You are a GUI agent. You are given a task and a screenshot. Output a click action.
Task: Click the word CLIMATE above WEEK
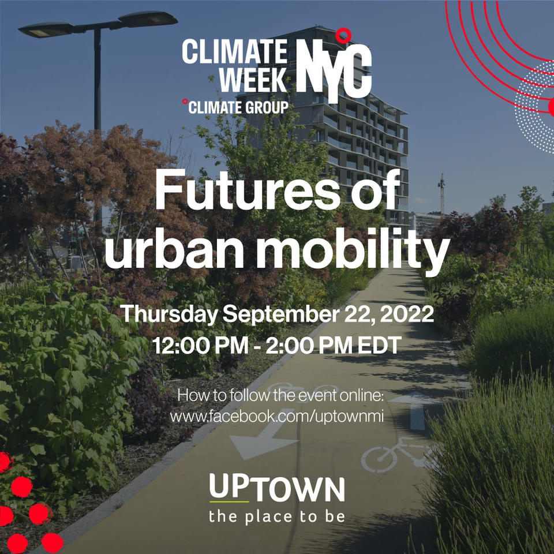point(235,51)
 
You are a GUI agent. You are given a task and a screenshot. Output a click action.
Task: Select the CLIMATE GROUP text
point(238,107)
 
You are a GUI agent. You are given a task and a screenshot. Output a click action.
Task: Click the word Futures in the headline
point(247,190)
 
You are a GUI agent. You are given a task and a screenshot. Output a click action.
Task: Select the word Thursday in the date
point(169,314)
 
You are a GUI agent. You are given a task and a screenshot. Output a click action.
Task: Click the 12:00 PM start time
point(200,345)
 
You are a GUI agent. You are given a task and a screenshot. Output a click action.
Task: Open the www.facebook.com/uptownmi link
point(276,416)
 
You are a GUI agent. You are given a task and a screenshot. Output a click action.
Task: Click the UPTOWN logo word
point(276,488)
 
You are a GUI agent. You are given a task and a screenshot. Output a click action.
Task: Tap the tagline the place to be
point(276,516)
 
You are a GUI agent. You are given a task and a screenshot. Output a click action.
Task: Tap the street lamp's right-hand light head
point(148,18)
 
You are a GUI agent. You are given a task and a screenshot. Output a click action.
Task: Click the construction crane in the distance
point(441,194)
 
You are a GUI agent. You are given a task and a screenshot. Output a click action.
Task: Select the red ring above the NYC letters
point(343,36)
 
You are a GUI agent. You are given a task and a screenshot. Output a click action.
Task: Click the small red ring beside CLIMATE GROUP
point(185,102)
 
